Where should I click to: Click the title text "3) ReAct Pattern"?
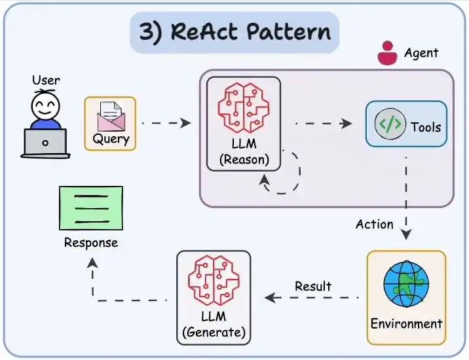tap(235, 31)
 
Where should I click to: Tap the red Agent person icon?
tap(387, 54)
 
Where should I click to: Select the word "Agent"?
tap(421, 52)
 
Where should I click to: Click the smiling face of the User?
tap(45, 105)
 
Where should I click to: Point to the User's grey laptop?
tap(45, 143)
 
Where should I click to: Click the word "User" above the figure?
tap(46, 81)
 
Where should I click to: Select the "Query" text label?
tap(111, 139)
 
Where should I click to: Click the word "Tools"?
tap(426, 126)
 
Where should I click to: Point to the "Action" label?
tap(375, 224)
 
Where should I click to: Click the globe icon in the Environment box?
tap(406, 283)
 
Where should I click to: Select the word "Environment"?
tap(406, 323)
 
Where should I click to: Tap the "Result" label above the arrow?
tap(313, 286)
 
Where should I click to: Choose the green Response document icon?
tap(90, 208)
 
